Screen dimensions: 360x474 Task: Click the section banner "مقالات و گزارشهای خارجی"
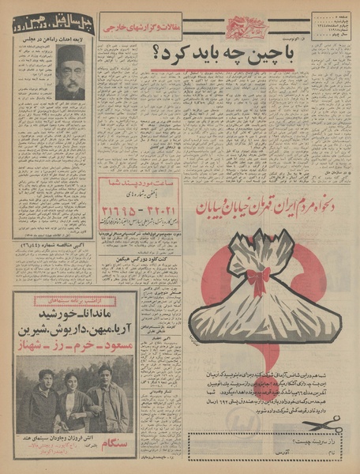[x=137, y=30]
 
